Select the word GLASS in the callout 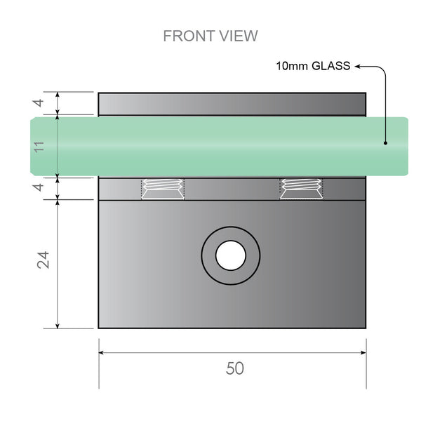click(x=330, y=67)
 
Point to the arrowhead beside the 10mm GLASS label click(x=358, y=67)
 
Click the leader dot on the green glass click(x=385, y=142)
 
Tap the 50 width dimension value click(x=235, y=368)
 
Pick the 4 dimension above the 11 click(x=39, y=104)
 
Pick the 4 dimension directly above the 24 click(x=39, y=188)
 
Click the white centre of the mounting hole click(x=230, y=255)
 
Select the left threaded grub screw click(x=163, y=189)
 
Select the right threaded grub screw click(x=301, y=189)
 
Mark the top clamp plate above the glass click(x=232, y=104)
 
